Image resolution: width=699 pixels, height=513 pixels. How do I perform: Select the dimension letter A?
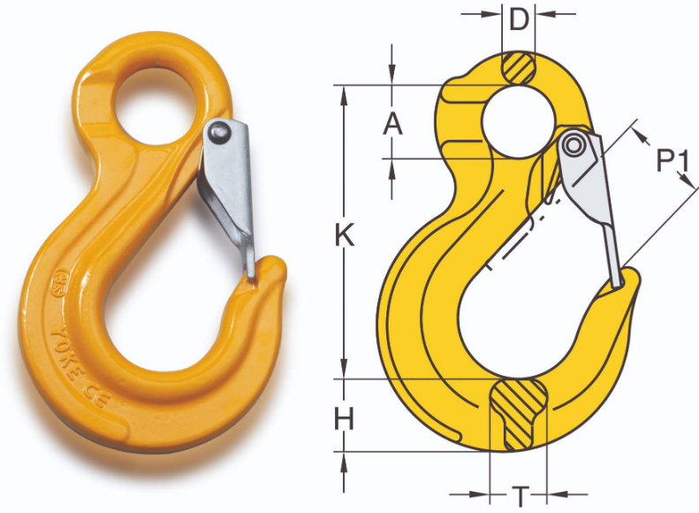pos(392,123)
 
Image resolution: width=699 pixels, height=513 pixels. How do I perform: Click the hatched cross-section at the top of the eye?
pos(519,68)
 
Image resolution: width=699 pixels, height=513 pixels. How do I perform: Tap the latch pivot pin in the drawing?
pos(577,144)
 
